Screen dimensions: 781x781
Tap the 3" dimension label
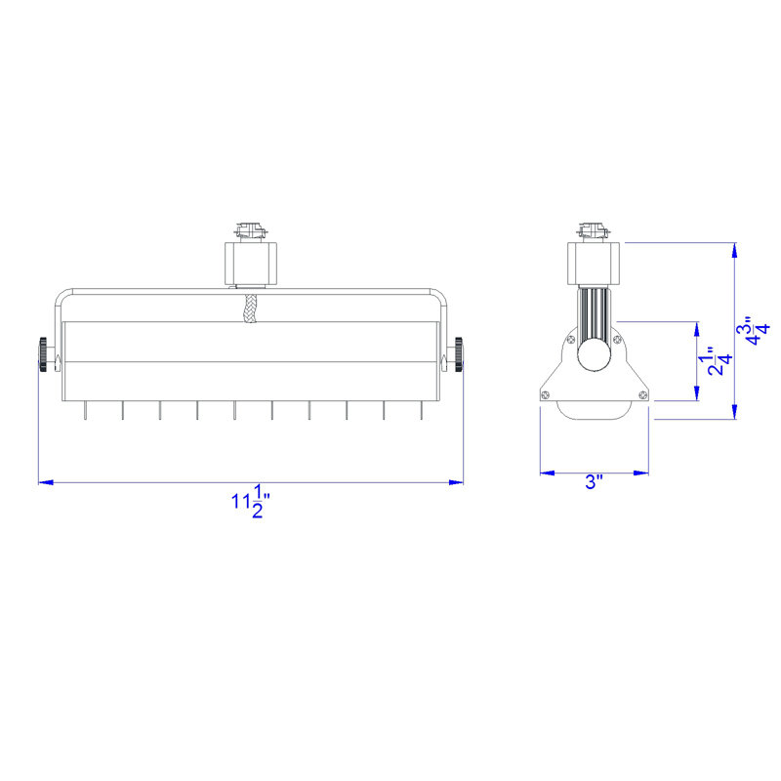594,482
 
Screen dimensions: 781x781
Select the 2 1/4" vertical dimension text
719,361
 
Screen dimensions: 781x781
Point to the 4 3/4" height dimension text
753,330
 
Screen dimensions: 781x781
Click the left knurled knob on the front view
43,354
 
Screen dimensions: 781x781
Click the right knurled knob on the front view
458,354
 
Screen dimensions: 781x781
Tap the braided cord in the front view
250,308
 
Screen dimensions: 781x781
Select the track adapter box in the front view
251,264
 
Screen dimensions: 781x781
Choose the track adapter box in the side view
594,264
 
